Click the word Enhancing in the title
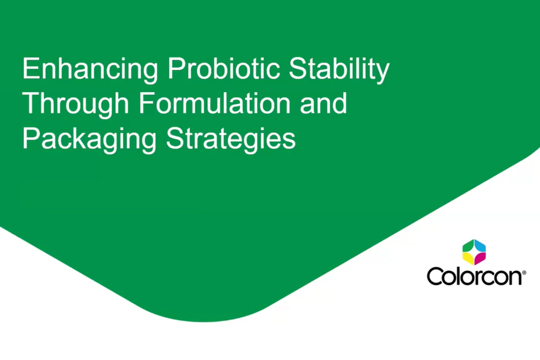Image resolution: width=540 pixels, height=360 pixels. coord(90,70)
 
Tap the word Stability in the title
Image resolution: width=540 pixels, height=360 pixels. coord(339,70)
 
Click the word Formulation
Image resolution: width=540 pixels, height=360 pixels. coord(215,103)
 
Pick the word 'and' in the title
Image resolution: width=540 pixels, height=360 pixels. coord(323,103)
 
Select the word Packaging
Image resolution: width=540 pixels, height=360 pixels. coord(90,139)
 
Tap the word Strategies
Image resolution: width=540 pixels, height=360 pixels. coord(231,139)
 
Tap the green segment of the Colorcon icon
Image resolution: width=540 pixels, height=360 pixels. coord(468,246)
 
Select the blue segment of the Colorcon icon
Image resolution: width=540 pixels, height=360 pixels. coord(481,246)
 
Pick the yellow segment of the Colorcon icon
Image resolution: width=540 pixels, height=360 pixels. coord(468,258)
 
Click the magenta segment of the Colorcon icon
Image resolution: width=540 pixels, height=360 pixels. coord(481,258)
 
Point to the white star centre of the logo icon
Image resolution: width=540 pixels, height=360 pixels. coord(474,252)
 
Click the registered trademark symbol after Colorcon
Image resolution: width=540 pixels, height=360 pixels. coord(524,273)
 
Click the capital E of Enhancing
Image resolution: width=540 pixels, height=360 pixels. coord(31,68)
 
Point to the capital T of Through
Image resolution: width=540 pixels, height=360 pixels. coord(31,103)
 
